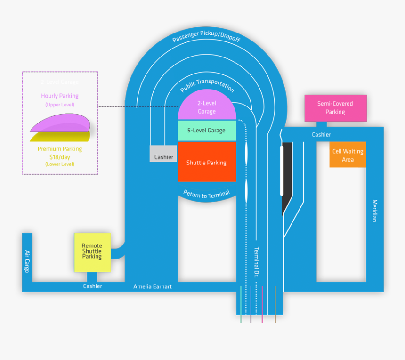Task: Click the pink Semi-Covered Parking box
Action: [x=335, y=108]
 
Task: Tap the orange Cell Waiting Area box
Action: [x=348, y=155]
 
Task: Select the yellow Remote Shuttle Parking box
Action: [x=92, y=252]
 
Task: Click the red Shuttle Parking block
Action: [x=206, y=163]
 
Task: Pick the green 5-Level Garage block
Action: [x=206, y=131]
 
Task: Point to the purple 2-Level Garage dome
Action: [x=206, y=106]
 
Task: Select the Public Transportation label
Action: [x=207, y=85]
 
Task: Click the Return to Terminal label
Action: [x=206, y=194]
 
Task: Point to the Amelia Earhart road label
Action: [x=153, y=286]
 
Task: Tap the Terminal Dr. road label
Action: [x=257, y=261]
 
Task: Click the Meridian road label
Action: [x=375, y=211]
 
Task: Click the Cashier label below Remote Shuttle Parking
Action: [x=92, y=286]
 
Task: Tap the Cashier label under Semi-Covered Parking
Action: [x=321, y=135]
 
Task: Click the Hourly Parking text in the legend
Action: [x=60, y=96]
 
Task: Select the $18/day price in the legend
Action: [x=60, y=156]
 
